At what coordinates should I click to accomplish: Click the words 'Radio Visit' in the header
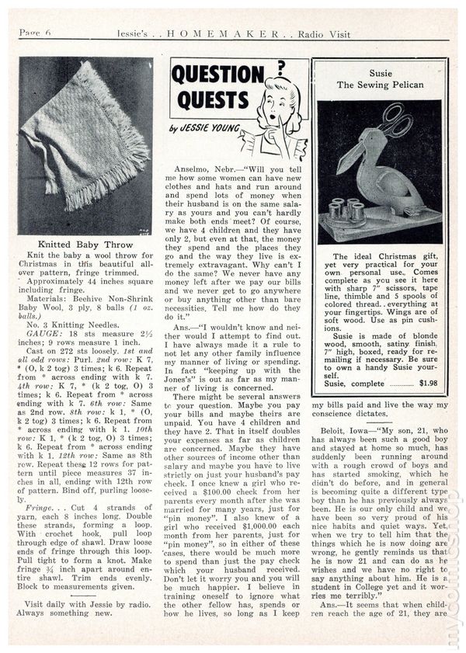pos(324,33)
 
